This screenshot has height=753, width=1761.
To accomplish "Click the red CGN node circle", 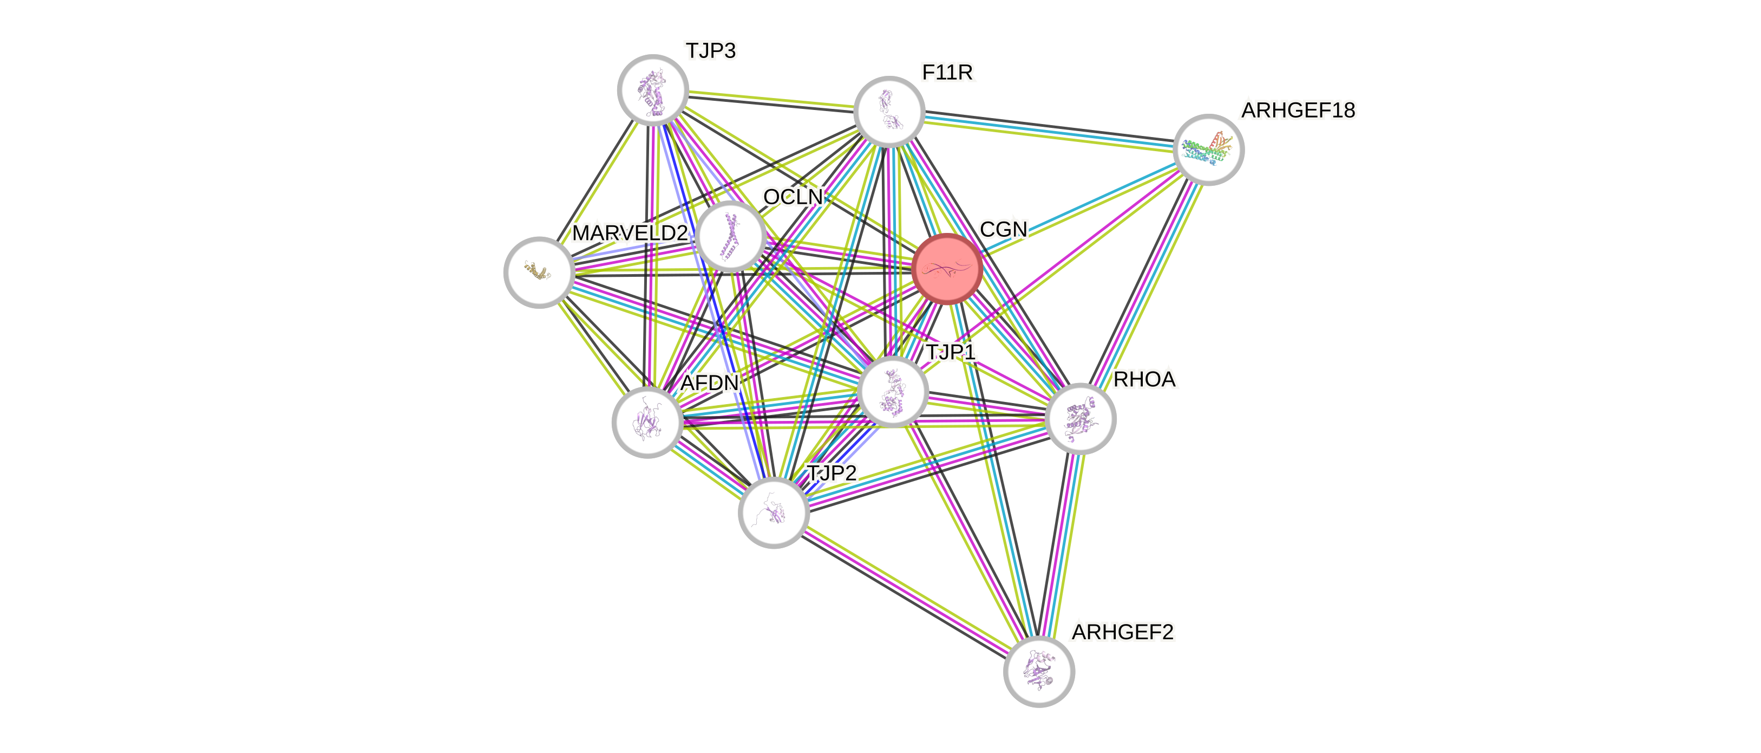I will (x=947, y=269).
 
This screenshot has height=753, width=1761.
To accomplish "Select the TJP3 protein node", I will (x=653, y=90).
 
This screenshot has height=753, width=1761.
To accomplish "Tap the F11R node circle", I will (x=889, y=112).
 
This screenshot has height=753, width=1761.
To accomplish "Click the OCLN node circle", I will (x=731, y=237).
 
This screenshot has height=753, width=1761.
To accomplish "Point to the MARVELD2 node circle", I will (x=539, y=272).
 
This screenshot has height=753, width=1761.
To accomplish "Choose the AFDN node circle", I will (x=647, y=422).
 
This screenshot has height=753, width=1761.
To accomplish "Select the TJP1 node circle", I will (x=892, y=391).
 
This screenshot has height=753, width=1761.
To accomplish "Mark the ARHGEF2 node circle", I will (x=1039, y=672).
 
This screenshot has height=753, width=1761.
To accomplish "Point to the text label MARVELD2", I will (x=630, y=234).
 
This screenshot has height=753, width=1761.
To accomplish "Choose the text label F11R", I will (x=947, y=73).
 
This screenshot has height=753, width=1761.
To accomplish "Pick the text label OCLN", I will (x=793, y=198).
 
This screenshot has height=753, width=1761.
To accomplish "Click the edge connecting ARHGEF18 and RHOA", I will (x=1144, y=284).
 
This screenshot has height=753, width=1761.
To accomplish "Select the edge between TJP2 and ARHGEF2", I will (x=906, y=592).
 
